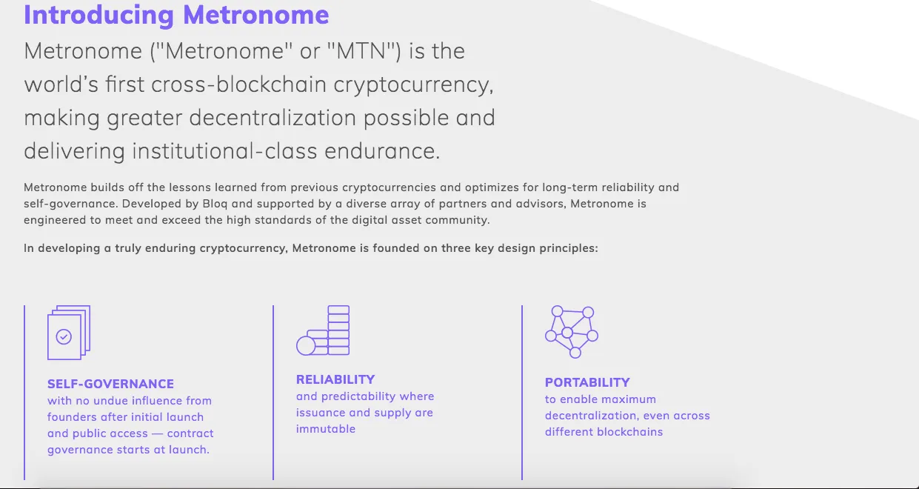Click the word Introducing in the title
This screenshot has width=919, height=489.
click(x=99, y=16)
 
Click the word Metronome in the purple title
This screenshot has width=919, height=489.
click(x=256, y=15)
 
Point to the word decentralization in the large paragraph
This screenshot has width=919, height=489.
click(x=273, y=117)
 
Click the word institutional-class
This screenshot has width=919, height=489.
click(x=224, y=150)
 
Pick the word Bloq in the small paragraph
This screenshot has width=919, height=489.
click(x=215, y=204)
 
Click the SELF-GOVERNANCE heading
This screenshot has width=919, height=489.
click(x=110, y=384)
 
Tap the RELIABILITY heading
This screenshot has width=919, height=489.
click(x=335, y=379)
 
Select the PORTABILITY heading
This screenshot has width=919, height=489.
click(x=587, y=382)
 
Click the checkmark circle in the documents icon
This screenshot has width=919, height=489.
click(x=64, y=336)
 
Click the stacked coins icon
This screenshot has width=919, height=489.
click(x=323, y=330)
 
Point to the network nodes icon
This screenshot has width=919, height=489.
click(x=572, y=332)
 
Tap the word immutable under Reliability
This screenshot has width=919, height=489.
click(x=326, y=429)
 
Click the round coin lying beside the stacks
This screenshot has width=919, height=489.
click(x=306, y=346)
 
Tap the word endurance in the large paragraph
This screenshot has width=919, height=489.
click(x=382, y=150)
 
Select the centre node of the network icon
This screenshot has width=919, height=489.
click(x=567, y=333)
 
